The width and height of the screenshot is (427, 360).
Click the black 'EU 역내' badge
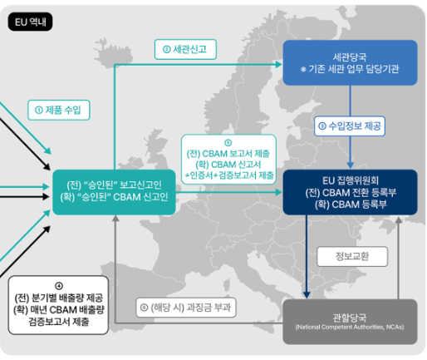pyautogui.click(x=30, y=22)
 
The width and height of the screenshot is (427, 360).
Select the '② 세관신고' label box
pyautogui.click(x=185, y=49)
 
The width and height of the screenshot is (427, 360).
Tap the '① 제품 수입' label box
pyautogui.click(x=59, y=110)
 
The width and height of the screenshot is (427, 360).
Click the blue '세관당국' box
pyautogui.click(x=350, y=62)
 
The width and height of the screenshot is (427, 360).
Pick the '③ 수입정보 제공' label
pyautogui.click(x=350, y=126)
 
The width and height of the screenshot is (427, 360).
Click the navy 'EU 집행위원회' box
pyautogui.click(x=350, y=192)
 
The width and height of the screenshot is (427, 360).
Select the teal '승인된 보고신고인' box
pyautogui.click(x=114, y=192)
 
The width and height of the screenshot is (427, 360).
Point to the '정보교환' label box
pyautogui.click(x=352, y=256)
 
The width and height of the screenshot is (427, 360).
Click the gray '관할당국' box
pyautogui.click(x=350, y=322)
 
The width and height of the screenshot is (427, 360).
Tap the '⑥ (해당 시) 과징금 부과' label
pyautogui.click(x=186, y=308)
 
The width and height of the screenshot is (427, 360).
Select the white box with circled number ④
pyautogui.click(x=58, y=305)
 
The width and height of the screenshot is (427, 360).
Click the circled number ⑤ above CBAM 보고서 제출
pyautogui.click(x=228, y=143)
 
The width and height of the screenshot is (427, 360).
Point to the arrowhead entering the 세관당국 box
pyautogui.click(x=279, y=65)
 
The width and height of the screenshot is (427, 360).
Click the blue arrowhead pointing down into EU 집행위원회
pyautogui.click(x=350, y=165)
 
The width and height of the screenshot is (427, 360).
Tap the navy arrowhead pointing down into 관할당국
pyautogui.click(x=307, y=295)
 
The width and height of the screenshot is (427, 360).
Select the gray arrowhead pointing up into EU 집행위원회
pyautogui.click(x=399, y=219)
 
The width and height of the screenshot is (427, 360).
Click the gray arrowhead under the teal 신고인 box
pyautogui.click(x=115, y=219)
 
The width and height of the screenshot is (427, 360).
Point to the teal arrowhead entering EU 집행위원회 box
pyautogui.click(x=279, y=192)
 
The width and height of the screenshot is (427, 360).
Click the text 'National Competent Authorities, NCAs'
pyautogui.click(x=350, y=328)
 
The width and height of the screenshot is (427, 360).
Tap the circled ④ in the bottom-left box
pyautogui.click(x=59, y=286)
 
